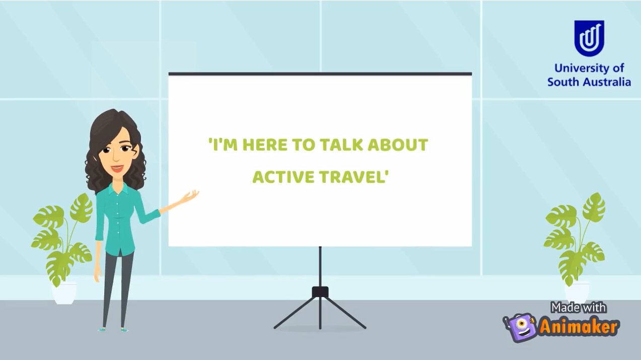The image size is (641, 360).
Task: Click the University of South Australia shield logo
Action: tap(589, 38)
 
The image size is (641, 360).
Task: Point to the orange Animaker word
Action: tap(579, 327)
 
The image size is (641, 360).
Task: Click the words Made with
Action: tap(579, 308)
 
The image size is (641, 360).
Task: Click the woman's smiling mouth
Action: tap(117, 168)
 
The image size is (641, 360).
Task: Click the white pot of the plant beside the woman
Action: tap(64, 293)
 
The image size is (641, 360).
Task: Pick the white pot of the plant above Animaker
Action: tap(577, 292)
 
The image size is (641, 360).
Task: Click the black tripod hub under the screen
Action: tap(320, 292)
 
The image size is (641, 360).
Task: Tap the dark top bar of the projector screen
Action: tap(320, 74)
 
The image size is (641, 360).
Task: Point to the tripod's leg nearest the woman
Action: tap(296, 313)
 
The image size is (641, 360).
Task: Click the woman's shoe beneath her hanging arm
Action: tap(102, 329)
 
